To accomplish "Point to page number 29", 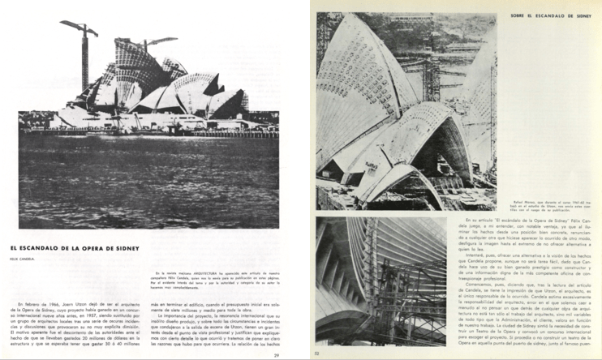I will click(x=277, y=354).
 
